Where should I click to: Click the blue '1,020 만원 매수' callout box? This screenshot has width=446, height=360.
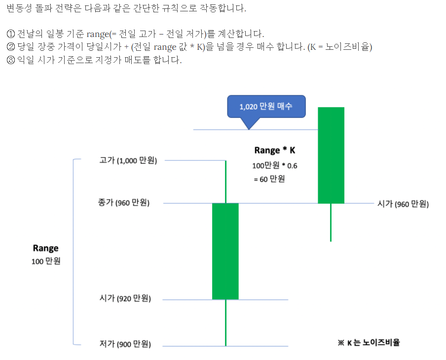266,107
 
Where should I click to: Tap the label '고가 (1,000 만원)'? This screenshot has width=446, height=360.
128,160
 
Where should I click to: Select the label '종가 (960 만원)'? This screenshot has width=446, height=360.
124,203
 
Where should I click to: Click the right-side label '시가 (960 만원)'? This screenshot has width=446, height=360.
403,204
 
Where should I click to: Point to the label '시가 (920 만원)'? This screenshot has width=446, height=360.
125,298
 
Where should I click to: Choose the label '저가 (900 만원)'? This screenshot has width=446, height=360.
125,344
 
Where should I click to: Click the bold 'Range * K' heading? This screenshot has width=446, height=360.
275,150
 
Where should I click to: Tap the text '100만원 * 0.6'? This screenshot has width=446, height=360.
274,166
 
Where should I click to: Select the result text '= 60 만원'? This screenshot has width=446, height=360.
269,179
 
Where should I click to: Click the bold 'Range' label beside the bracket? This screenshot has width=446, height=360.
45,248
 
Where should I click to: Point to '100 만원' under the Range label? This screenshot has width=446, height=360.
46,261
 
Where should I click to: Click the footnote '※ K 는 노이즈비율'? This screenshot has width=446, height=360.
369,342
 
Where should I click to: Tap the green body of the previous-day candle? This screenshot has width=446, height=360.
225,252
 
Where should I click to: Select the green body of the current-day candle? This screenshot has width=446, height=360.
331,155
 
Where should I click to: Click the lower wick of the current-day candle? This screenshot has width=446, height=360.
331,222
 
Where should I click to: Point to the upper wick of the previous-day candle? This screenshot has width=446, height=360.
226,182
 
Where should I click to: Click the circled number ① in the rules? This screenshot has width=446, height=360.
10,34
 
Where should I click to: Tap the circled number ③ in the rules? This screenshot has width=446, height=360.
10,60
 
